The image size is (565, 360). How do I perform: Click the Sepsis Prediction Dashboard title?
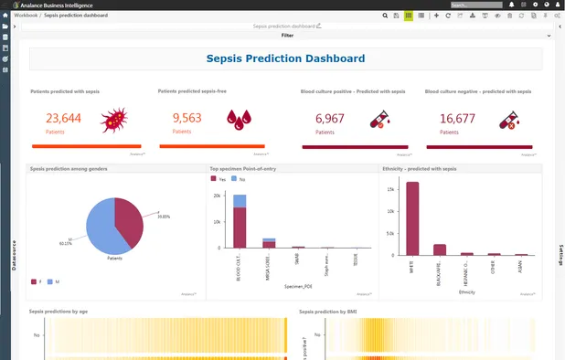[286, 58]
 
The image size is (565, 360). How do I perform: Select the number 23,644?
[63, 118]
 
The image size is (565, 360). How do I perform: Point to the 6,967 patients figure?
[330, 118]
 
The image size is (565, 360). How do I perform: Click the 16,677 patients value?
[457, 118]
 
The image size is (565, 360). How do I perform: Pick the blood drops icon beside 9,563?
[239, 119]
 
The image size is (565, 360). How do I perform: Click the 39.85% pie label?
[164, 217]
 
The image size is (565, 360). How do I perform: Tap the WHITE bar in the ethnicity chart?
[412, 219]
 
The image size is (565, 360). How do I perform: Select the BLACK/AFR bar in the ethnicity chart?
[440, 249]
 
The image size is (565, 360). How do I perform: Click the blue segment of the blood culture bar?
[240, 201]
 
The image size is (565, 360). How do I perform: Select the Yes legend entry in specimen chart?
[219, 180]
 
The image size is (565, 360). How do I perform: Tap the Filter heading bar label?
[287, 35]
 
